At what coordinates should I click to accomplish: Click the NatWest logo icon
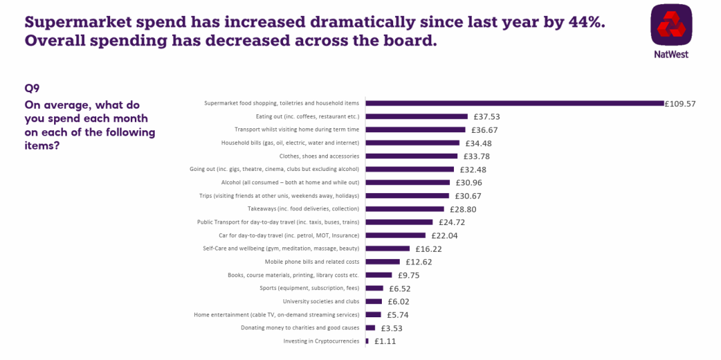671,25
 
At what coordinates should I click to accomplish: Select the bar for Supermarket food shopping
514,104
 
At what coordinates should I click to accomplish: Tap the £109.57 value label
680,104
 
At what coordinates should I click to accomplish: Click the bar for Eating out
416,117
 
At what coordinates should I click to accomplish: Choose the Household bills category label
290,143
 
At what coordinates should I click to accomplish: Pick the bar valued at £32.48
409,170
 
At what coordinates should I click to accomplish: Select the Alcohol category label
290,182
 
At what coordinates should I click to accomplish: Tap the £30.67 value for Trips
468,196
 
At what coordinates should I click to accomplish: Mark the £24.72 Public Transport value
452,222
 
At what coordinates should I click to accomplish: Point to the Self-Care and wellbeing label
281,248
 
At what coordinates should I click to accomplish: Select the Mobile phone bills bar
383,262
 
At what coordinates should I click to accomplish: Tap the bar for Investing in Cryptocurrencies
367,341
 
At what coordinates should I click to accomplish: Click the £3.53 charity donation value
392,328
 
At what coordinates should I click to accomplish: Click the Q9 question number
33,89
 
